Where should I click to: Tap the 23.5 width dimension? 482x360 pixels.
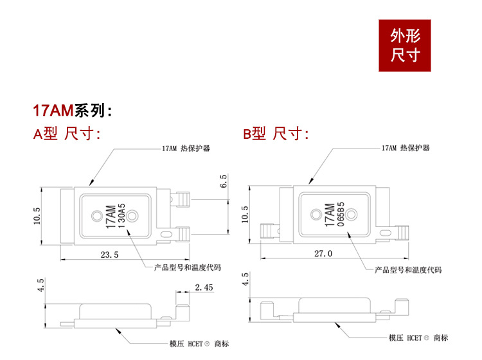coord(110,255)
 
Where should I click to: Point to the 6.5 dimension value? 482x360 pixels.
coord(223,181)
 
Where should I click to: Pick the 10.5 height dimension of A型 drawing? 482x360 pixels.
coord(37,216)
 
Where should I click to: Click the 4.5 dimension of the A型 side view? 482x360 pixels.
coord(39,285)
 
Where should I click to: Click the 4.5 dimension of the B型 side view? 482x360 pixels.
coord(244,280)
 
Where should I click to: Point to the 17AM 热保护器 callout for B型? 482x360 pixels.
coord(405,148)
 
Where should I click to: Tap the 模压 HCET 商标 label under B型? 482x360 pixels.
coord(418,337)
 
